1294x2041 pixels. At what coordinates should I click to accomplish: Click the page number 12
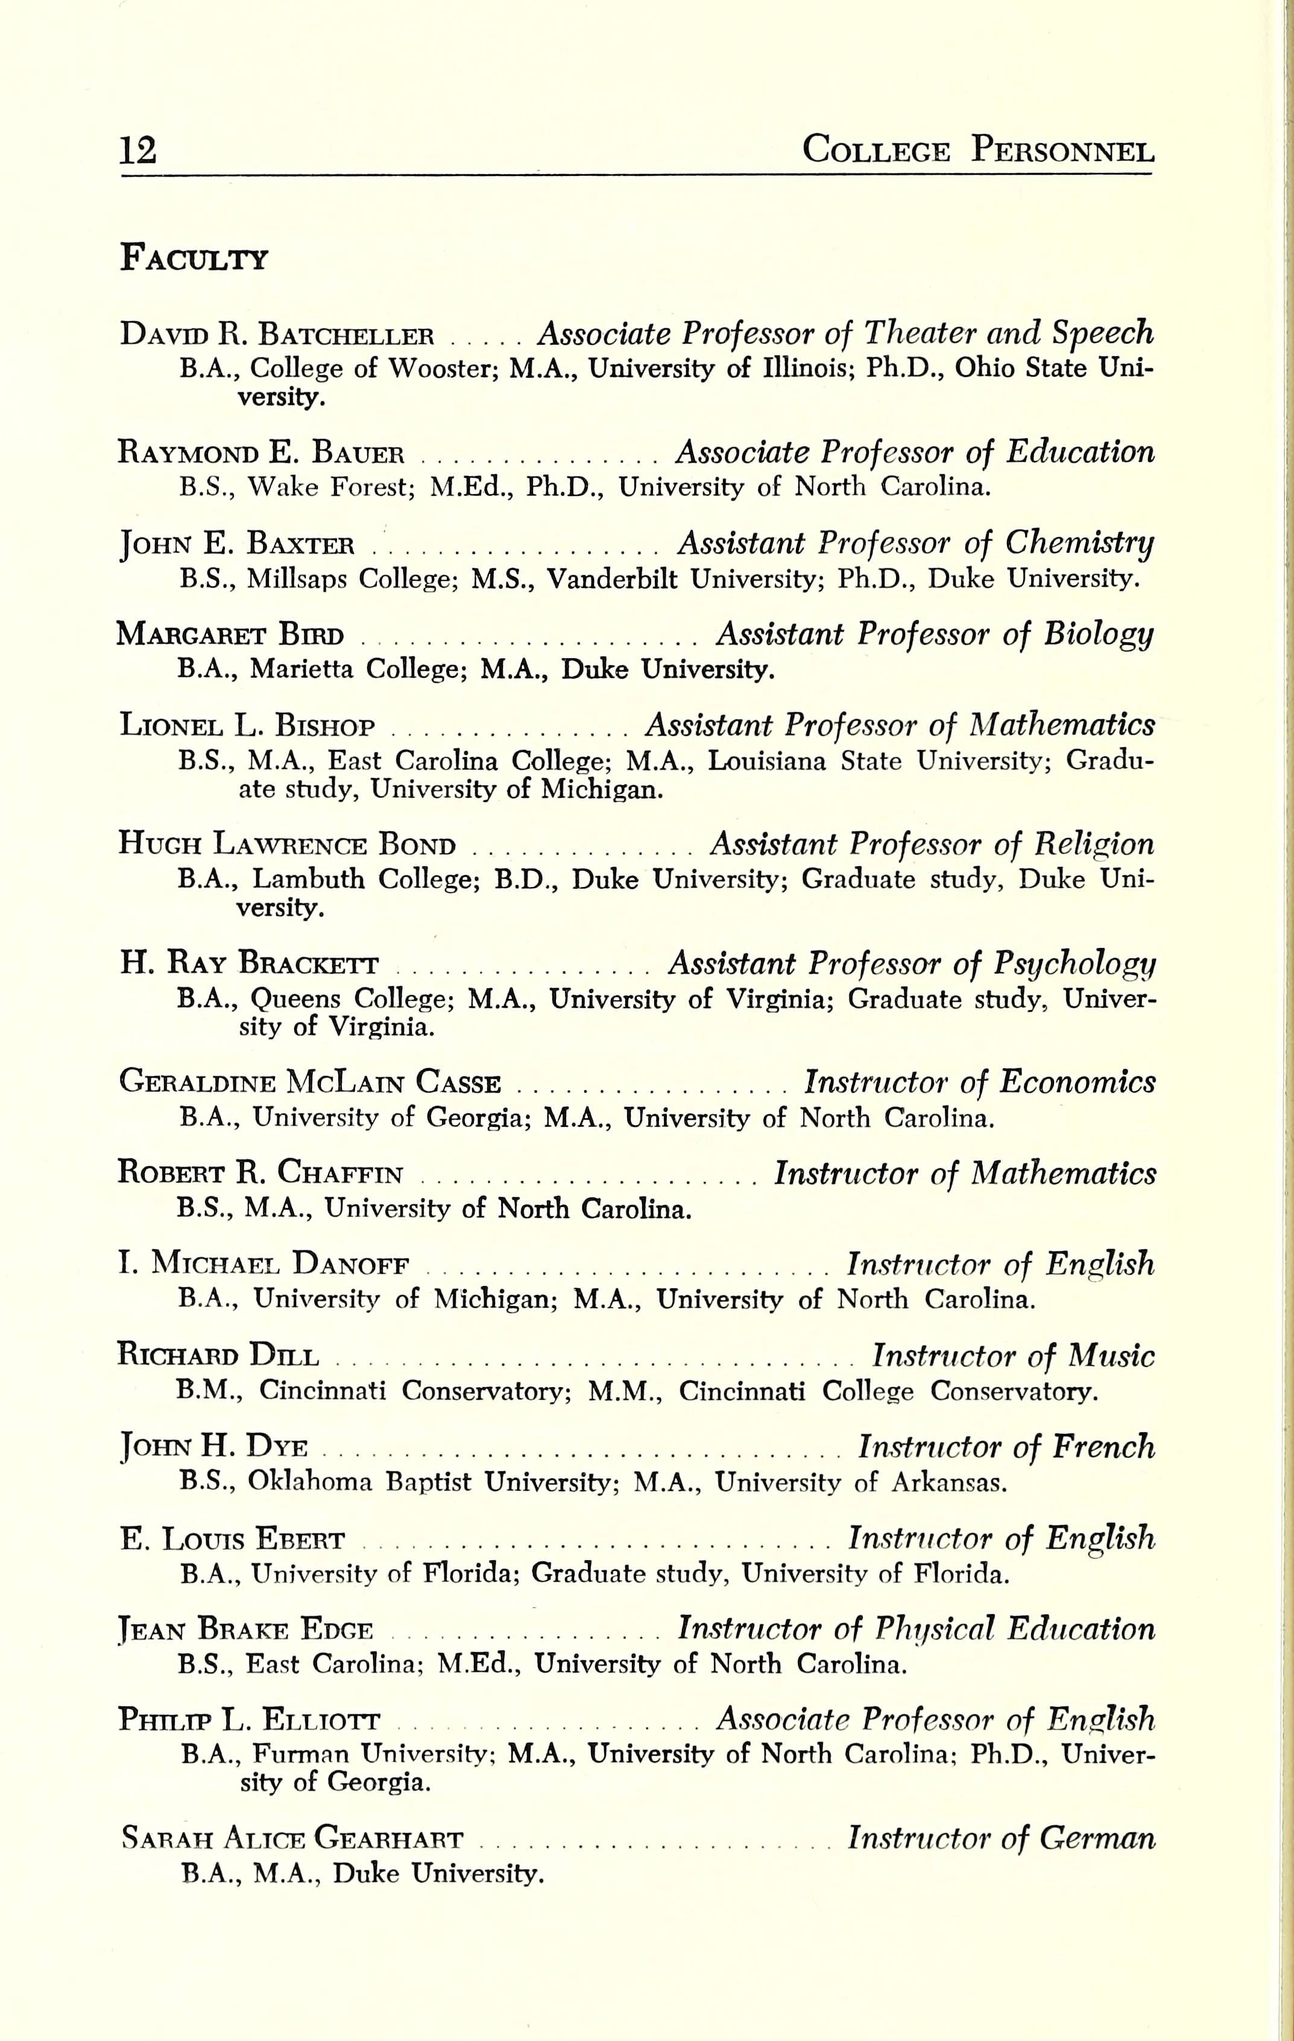pos(138,151)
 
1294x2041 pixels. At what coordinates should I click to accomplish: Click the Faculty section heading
pos(194,257)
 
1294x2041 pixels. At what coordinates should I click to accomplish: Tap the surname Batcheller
pos(346,334)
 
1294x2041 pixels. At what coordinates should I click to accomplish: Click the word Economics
pos(1077,1082)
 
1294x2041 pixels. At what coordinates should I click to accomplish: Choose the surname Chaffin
pos(340,1173)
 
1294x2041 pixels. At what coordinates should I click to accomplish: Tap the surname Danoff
pos(351,1265)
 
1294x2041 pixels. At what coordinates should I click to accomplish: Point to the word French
pos(1102,1447)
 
